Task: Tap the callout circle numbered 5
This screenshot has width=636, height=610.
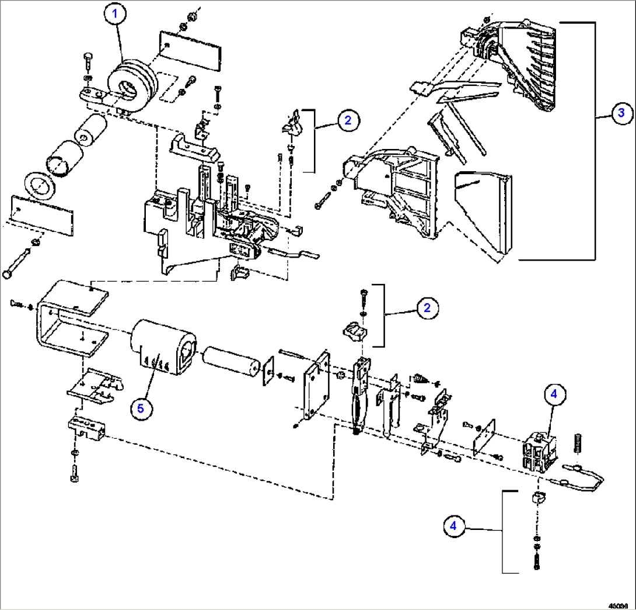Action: [141, 408]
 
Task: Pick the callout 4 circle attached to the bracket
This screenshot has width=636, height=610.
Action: [453, 526]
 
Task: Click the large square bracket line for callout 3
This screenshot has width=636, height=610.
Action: [594, 140]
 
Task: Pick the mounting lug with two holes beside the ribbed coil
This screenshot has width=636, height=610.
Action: [92, 93]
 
